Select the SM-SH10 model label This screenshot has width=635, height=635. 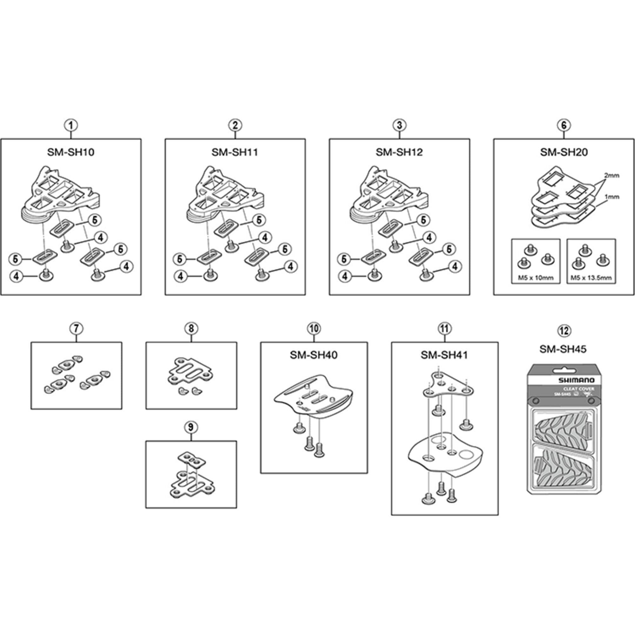[x=71, y=152]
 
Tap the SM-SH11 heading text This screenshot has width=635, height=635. [x=235, y=152]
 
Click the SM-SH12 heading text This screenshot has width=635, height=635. [x=399, y=152]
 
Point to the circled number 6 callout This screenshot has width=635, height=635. [x=564, y=125]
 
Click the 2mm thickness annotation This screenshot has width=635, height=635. [x=611, y=176]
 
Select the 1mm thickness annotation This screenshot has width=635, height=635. [x=612, y=197]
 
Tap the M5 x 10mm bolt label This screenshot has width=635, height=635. [x=536, y=278]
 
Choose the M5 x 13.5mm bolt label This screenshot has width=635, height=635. [x=591, y=278]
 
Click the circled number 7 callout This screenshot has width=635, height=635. [x=76, y=328]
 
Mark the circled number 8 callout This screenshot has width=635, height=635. [x=191, y=328]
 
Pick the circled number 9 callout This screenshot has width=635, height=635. [x=191, y=427]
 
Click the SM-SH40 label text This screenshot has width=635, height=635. [x=314, y=355]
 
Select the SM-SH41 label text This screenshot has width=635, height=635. [x=444, y=355]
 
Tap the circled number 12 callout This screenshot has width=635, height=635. [x=564, y=330]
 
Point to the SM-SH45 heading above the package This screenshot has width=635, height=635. [x=563, y=349]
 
